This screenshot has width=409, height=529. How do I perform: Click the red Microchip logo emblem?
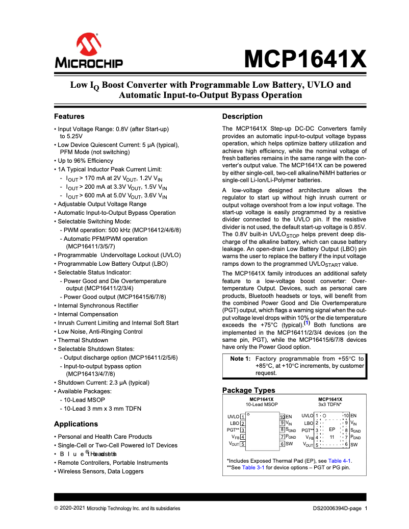[89, 45]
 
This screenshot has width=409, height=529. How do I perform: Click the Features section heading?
[69, 116]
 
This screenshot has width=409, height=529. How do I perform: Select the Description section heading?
[242, 116]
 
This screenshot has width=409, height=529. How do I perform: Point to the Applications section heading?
[75, 424]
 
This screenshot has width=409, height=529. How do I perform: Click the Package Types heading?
[248, 390]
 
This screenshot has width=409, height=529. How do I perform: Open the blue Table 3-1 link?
[253, 467]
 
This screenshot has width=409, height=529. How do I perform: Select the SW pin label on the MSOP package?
[289, 444]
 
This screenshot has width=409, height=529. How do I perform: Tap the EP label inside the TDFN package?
[331, 430]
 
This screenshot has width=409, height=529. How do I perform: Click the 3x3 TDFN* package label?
[330, 405]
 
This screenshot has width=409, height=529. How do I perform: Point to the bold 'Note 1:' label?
[240, 359]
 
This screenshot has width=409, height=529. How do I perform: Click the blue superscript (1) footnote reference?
[307, 323]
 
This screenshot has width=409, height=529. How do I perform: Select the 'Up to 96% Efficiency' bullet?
[85, 161]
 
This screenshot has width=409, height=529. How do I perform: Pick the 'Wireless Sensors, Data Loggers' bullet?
[100, 471]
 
